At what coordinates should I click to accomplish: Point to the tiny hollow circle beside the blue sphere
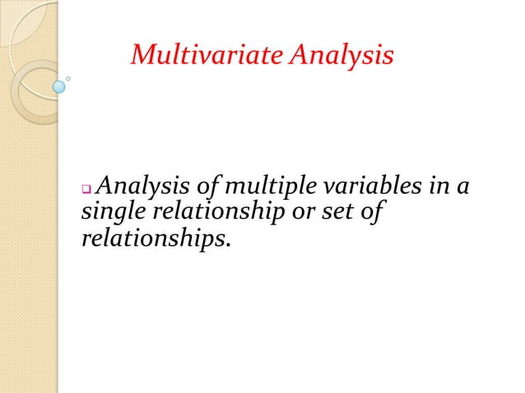pos(69,80)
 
